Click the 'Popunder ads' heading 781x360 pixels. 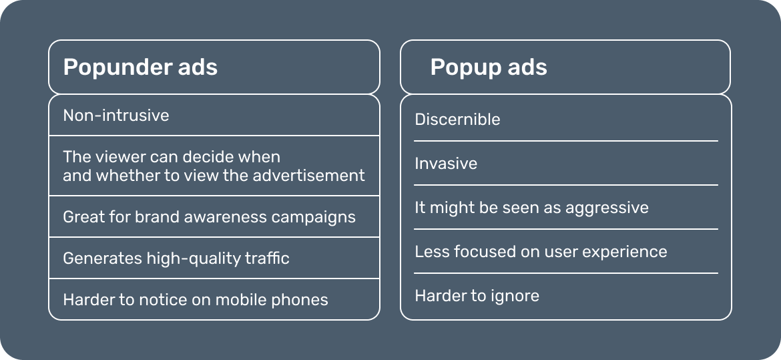point(140,67)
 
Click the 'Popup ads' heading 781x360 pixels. point(489,67)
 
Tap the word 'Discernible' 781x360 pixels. point(457,120)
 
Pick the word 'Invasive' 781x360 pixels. point(446,164)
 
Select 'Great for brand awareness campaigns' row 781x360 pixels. point(209,217)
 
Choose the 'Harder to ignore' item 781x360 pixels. point(477,296)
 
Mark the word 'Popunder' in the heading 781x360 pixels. point(113,67)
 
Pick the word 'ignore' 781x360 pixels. point(514,296)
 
